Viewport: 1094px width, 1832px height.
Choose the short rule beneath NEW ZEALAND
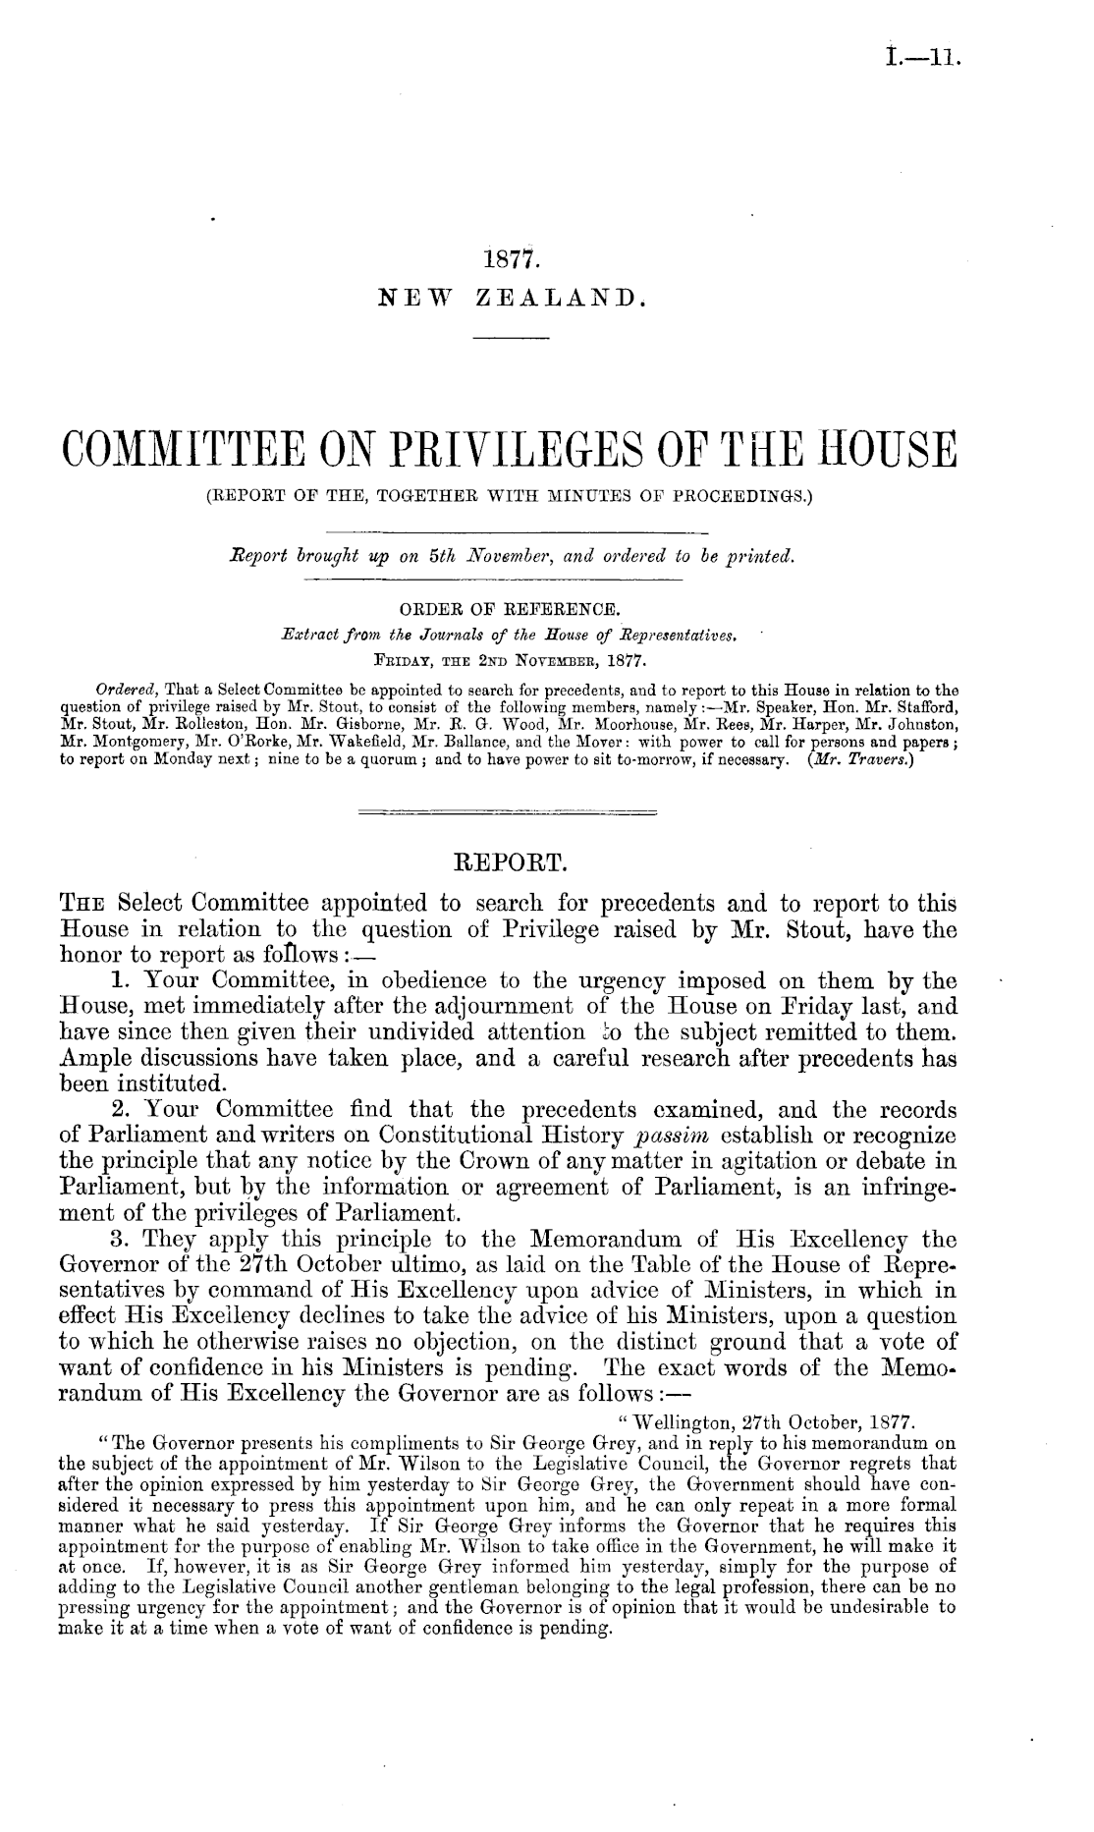tap(510, 339)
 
